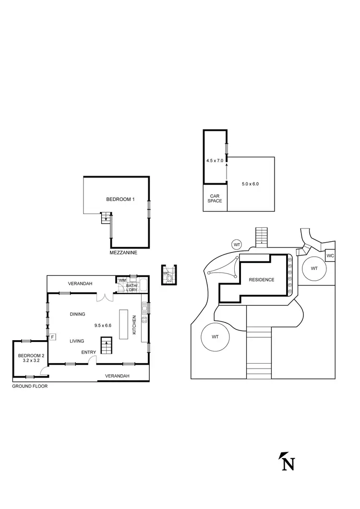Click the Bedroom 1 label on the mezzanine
120,199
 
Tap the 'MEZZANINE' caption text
123,252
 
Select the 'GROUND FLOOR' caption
30,386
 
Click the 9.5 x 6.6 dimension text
104,325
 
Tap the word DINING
77,314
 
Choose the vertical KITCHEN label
134,325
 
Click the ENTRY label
88,352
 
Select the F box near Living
52,337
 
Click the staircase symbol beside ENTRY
106,345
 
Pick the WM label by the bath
122,280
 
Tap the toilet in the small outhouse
167,277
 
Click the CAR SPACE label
215,198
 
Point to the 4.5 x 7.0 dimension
214,161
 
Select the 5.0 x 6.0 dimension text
250,183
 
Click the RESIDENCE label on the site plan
261,280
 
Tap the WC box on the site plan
330,256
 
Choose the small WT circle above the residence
237,245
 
